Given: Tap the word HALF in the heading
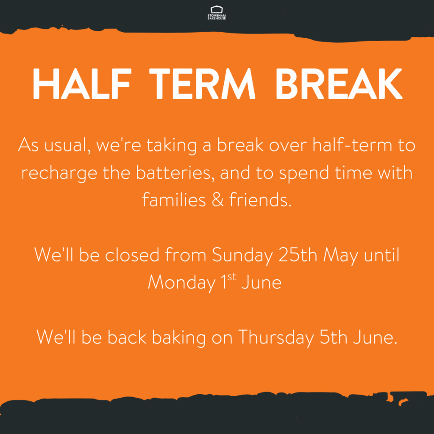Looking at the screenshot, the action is point(82,83).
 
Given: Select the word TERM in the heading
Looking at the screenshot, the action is point(202,83).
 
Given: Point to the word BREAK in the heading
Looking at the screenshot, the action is point(339,83).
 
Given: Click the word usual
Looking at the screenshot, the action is point(67,145).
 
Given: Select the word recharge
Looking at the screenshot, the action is point(59,173).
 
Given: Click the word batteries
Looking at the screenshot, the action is point(175,173).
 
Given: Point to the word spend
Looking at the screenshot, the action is point(304,173).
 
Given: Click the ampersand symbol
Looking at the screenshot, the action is point(217,200).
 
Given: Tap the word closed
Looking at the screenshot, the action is point(132,254).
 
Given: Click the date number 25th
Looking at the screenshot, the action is point(298,254).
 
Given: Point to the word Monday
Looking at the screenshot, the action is point(182,283).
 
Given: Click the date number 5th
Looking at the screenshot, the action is point(333,337).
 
